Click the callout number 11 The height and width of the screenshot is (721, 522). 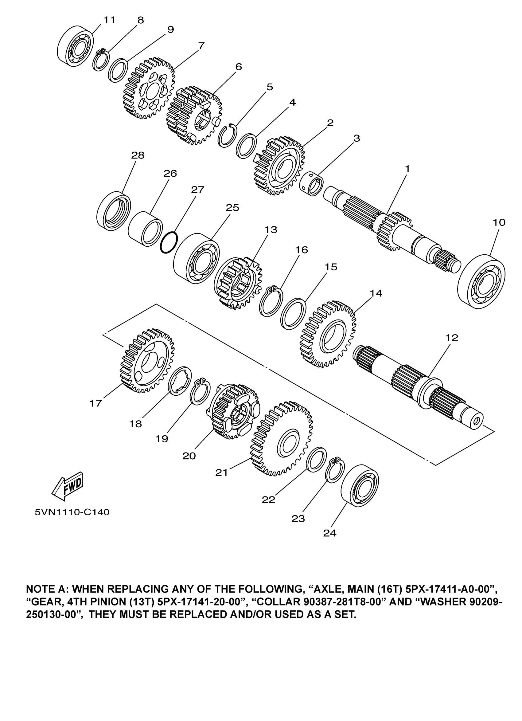[x=109, y=20]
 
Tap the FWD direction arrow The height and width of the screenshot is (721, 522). [x=68, y=485]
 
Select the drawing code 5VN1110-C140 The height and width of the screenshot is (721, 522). [x=72, y=512]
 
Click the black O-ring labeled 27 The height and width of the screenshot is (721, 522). [x=168, y=243]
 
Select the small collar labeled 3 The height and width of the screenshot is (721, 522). [x=312, y=183]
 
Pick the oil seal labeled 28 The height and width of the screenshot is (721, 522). [x=113, y=211]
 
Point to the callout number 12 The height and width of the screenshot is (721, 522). [x=452, y=338]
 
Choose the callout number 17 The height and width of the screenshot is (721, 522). [x=95, y=403]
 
